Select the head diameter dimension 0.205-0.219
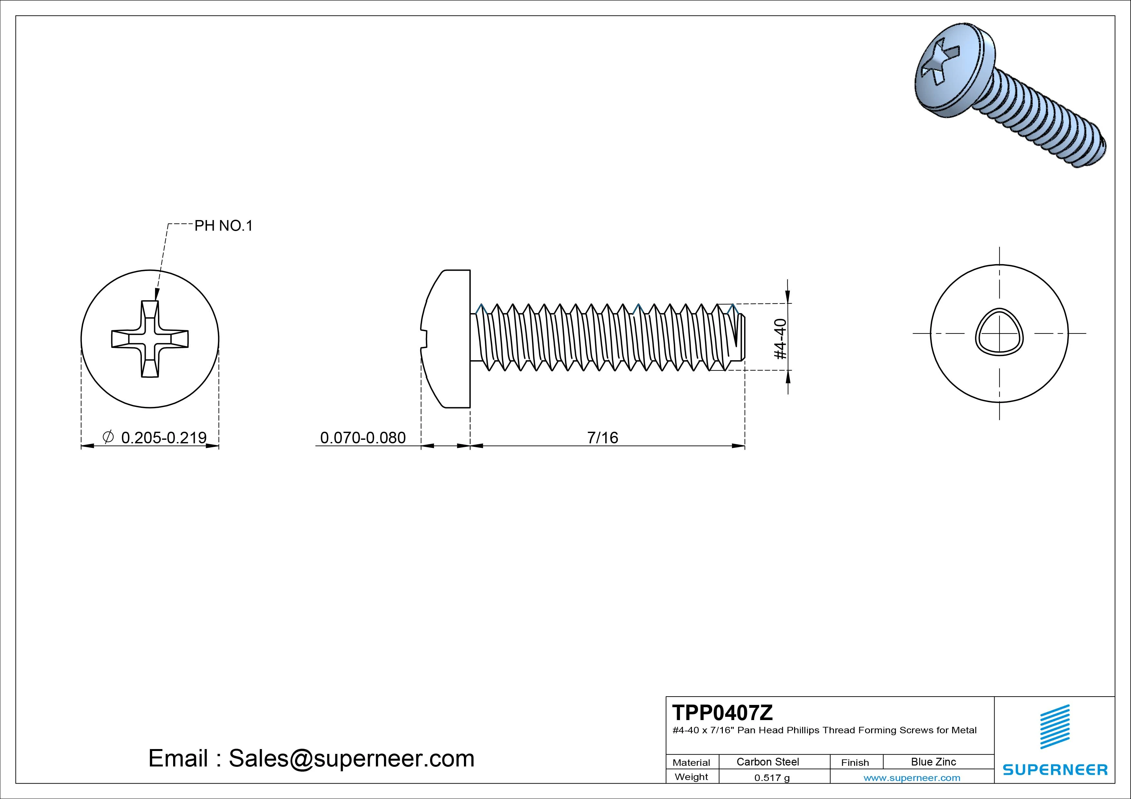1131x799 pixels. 163,438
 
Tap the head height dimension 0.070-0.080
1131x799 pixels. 363,438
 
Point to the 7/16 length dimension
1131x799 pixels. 603,438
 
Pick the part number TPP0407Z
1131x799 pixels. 723,712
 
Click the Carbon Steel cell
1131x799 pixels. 767,762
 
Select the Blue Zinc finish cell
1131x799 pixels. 933,762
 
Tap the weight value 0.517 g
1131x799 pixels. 772,778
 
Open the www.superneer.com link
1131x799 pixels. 912,778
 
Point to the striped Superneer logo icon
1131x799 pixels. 1054,727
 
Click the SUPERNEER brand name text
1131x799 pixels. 1055,769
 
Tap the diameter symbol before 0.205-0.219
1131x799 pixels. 108,437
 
